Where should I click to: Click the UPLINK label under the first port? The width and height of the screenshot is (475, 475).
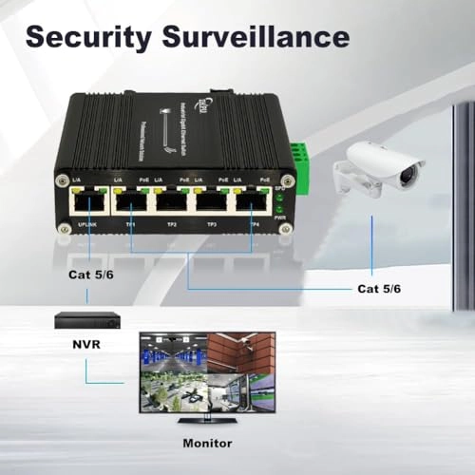pos(85,224)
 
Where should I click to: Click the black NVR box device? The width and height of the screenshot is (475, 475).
pos(85,320)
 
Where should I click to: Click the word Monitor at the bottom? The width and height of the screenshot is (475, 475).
pos(209,442)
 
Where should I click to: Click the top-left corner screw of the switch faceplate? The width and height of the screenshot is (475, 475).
pos(63,178)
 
